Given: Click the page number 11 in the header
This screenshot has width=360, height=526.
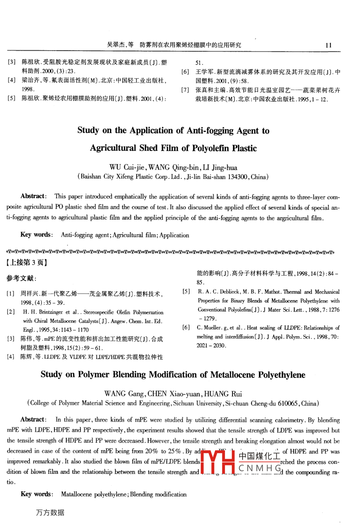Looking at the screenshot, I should coord(329,45).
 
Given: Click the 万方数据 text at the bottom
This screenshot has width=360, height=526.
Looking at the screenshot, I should coord(50,512).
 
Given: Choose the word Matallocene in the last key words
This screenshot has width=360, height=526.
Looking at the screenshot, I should coord(77,495).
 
